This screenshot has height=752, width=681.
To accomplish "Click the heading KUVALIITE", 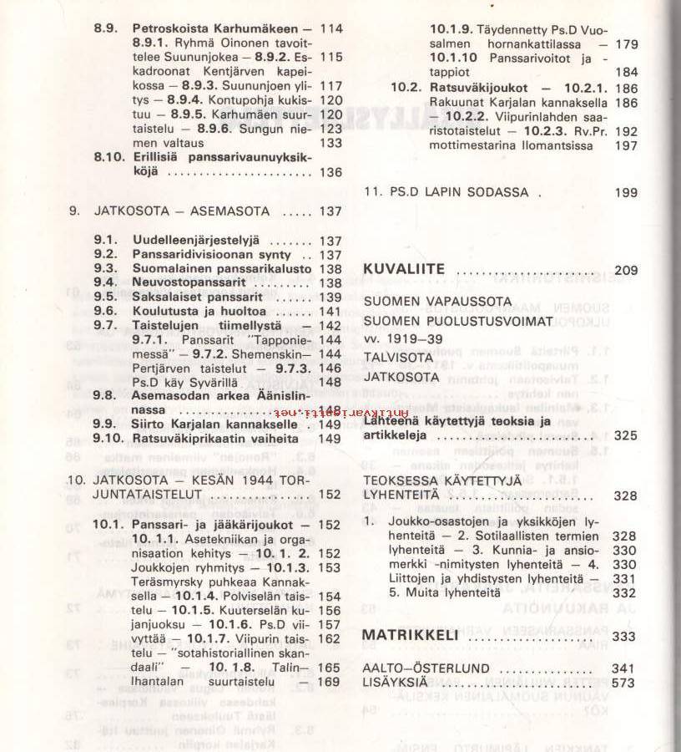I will (x=405, y=270).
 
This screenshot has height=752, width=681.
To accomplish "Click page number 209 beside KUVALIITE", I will (x=625, y=270).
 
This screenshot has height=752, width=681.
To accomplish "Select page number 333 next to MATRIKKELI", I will (x=623, y=636).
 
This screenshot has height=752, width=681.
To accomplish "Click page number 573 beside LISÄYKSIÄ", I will (x=623, y=683).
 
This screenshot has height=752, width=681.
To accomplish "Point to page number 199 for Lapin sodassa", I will (x=625, y=192).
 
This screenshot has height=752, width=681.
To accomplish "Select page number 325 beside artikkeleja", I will (x=625, y=435).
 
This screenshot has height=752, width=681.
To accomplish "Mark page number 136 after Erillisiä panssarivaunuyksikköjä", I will (x=330, y=172).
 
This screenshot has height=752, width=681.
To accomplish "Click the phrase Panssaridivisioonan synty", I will (x=212, y=255).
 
